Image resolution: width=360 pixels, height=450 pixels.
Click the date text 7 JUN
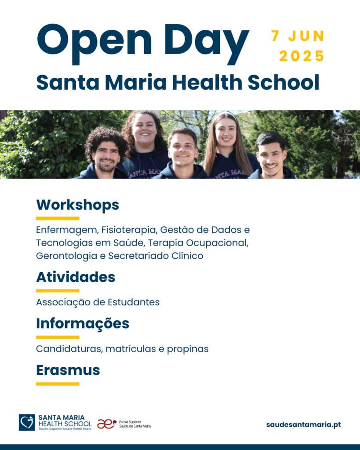298,36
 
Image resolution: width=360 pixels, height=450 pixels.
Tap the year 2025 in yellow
302,56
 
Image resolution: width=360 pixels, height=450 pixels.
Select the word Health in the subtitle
207,82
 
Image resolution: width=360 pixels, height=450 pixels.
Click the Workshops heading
77,205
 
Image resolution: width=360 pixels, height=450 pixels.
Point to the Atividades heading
76,277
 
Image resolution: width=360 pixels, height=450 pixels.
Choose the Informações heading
83,324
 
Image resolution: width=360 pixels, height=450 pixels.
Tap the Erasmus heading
68,370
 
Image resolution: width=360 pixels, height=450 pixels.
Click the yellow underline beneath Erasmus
58,384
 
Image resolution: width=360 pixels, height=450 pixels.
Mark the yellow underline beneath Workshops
58,218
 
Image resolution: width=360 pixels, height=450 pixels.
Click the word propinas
188,349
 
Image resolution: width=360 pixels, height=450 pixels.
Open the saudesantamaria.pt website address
303,425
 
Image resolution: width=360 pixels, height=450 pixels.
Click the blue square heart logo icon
27,422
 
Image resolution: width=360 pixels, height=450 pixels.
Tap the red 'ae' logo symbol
106,424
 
